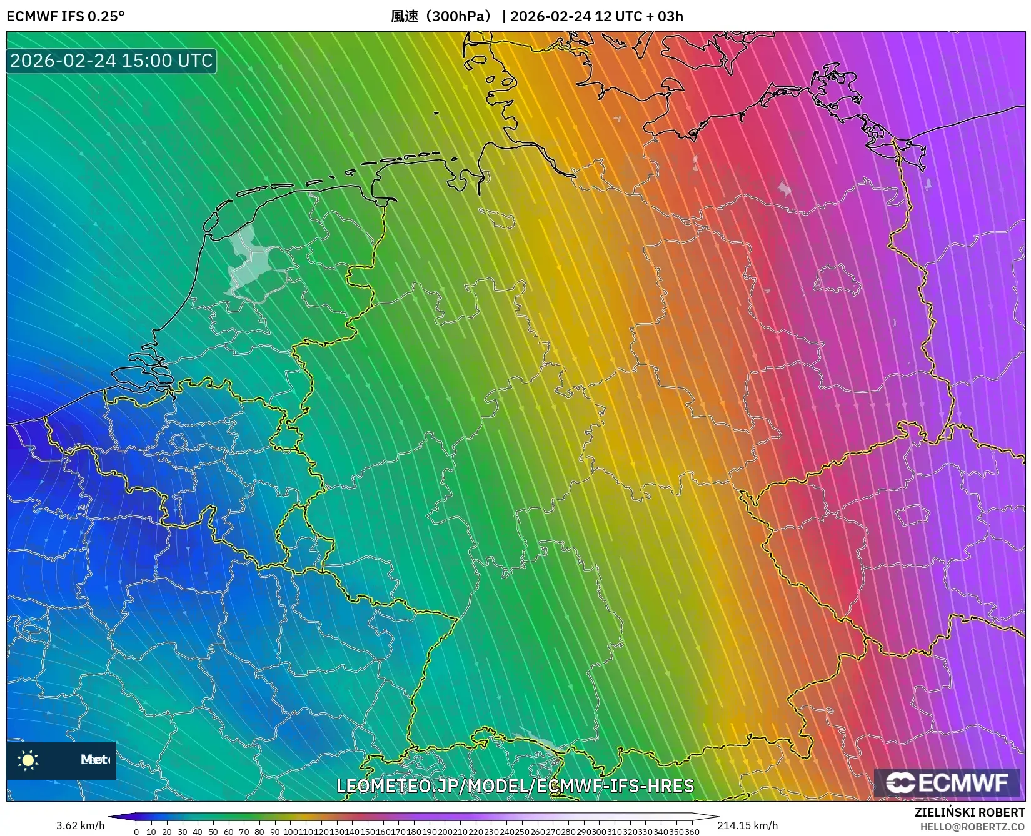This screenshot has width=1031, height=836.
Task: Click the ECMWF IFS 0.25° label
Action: [x=65, y=16]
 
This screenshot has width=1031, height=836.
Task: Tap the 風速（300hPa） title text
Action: [x=441, y=16]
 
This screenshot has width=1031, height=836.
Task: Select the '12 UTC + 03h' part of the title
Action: [x=638, y=16]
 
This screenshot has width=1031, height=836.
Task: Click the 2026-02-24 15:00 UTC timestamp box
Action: [x=111, y=61]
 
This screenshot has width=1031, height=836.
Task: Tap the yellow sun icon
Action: [x=28, y=760]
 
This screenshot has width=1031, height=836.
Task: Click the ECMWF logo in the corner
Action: [x=947, y=782]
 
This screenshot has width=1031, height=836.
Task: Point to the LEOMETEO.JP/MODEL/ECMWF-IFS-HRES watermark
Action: [x=515, y=785]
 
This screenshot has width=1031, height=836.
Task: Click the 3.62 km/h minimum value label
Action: [x=80, y=825]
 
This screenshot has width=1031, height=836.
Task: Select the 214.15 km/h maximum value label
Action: [x=747, y=825]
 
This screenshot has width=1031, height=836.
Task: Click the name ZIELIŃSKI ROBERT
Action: [x=970, y=812]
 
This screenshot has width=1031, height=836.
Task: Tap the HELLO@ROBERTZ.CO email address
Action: [x=972, y=827]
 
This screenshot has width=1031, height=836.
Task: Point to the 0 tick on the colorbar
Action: [x=136, y=832]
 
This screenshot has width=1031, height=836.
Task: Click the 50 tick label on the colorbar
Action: [x=213, y=832]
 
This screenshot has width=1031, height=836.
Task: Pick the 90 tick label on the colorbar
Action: [x=274, y=832]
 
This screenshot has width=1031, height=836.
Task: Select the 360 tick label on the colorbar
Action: [x=692, y=832]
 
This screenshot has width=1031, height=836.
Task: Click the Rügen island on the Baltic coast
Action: [x=834, y=87]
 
